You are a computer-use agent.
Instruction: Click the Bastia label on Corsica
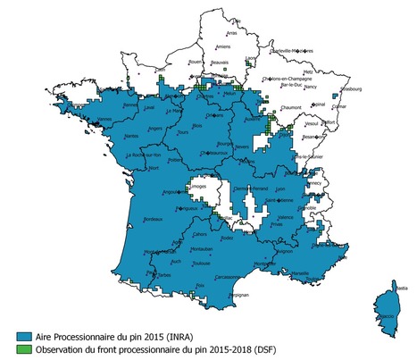[x=401, y=289]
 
